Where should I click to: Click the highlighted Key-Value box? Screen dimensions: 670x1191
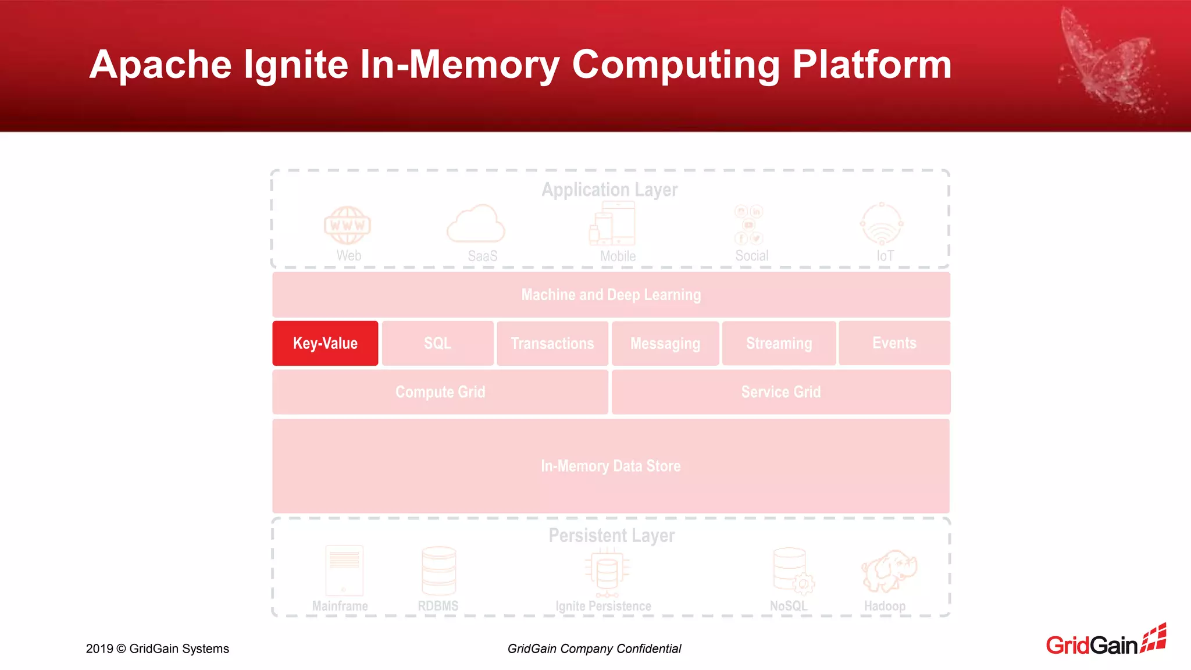(x=325, y=343)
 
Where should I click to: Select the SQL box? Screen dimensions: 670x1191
(x=437, y=343)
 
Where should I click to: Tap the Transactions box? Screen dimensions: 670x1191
(x=552, y=343)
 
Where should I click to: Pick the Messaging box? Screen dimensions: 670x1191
(x=665, y=343)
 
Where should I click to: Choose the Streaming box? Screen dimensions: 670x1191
(x=779, y=343)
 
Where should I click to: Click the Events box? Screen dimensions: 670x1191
(x=894, y=343)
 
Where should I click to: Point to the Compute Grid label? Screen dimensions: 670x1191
(x=440, y=392)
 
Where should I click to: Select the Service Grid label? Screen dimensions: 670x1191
(x=781, y=392)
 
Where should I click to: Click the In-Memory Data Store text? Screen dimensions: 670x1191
(x=611, y=466)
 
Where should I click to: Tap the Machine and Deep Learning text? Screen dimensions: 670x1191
(x=611, y=295)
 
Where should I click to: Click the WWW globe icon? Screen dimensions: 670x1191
(x=347, y=225)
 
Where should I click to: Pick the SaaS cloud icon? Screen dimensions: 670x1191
(x=476, y=224)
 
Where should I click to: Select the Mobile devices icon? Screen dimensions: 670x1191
(x=612, y=224)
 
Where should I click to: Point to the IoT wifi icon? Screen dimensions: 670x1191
(x=882, y=224)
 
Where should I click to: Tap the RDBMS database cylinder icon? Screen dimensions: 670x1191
(x=438, y=571)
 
